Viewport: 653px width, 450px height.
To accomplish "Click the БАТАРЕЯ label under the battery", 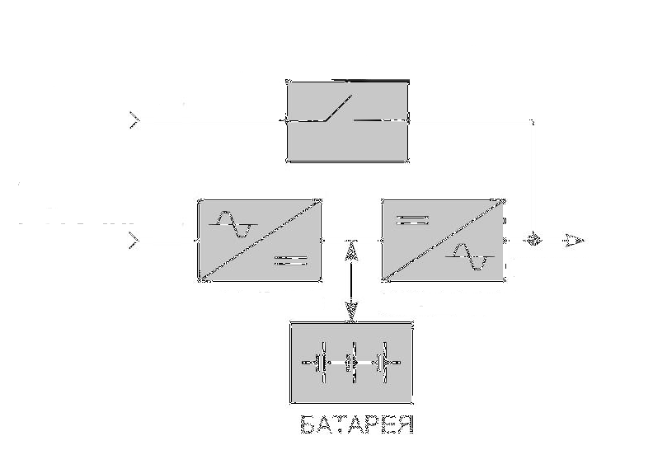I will coord(355,426).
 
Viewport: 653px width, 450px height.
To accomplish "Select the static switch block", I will coord(347,120).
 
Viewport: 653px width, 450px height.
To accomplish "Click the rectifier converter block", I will coord(259,240).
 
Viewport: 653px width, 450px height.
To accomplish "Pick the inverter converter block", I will coord(443,240).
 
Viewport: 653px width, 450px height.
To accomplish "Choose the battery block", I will coord(351,363).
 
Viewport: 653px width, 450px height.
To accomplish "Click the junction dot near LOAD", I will coord(534,240).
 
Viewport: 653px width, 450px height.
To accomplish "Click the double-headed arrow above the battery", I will coord(352,280).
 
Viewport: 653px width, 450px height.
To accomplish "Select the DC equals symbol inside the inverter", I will coord(412,220).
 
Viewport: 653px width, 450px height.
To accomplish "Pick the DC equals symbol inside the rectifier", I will coord(289,261).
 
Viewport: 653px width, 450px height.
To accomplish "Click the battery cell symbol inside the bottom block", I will coord(351,363).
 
